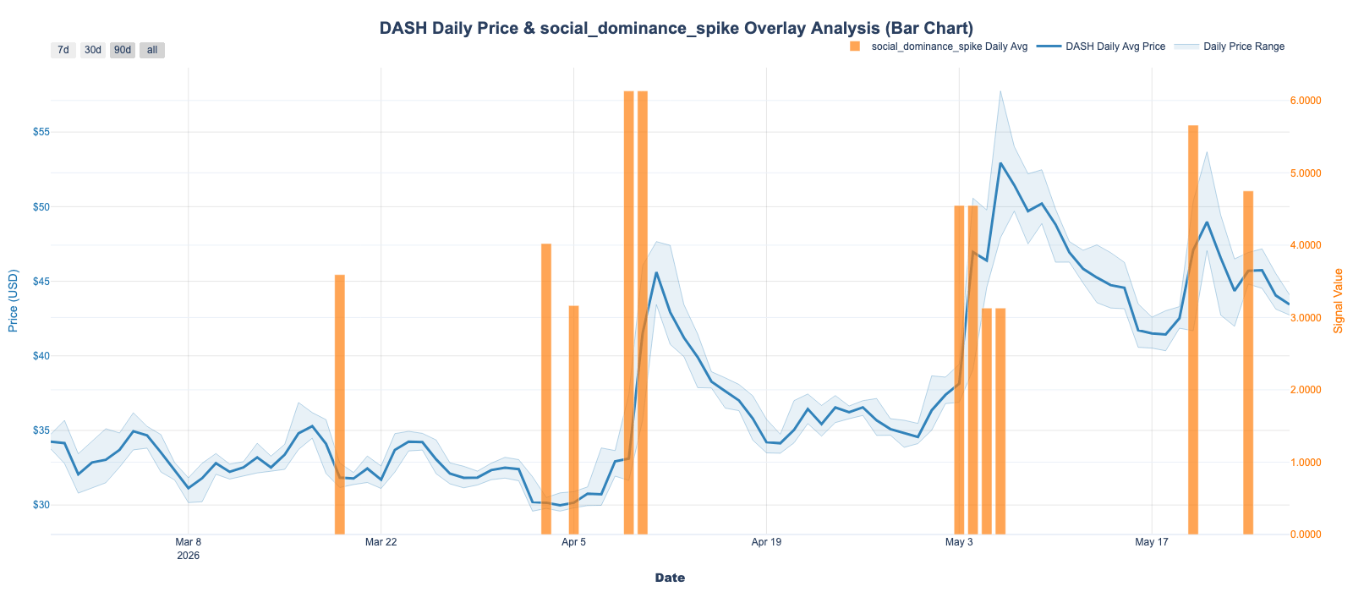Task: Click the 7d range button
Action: pos(63,50)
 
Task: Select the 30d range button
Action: pos(93,50)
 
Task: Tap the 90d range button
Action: pos(123,50)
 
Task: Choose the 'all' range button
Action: pos(152,50)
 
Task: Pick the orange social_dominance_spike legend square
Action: pos(855,47)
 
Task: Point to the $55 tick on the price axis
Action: pos(41,132)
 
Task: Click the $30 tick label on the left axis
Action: pos(41,505)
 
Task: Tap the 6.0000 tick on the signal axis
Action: pos(1306,101)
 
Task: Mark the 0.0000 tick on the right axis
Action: pos(1306,534)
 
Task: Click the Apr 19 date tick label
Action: pos(766,542)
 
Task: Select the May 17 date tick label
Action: pos(1152,542)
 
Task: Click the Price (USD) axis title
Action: pos(14,301)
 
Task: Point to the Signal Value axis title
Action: pos(1339,301)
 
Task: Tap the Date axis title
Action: pos(670,578)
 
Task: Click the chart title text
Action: pos(676,29)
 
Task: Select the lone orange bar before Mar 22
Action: pos(340,405)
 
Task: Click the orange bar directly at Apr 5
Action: pos(574,420)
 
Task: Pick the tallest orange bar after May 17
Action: pos(1193,330)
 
